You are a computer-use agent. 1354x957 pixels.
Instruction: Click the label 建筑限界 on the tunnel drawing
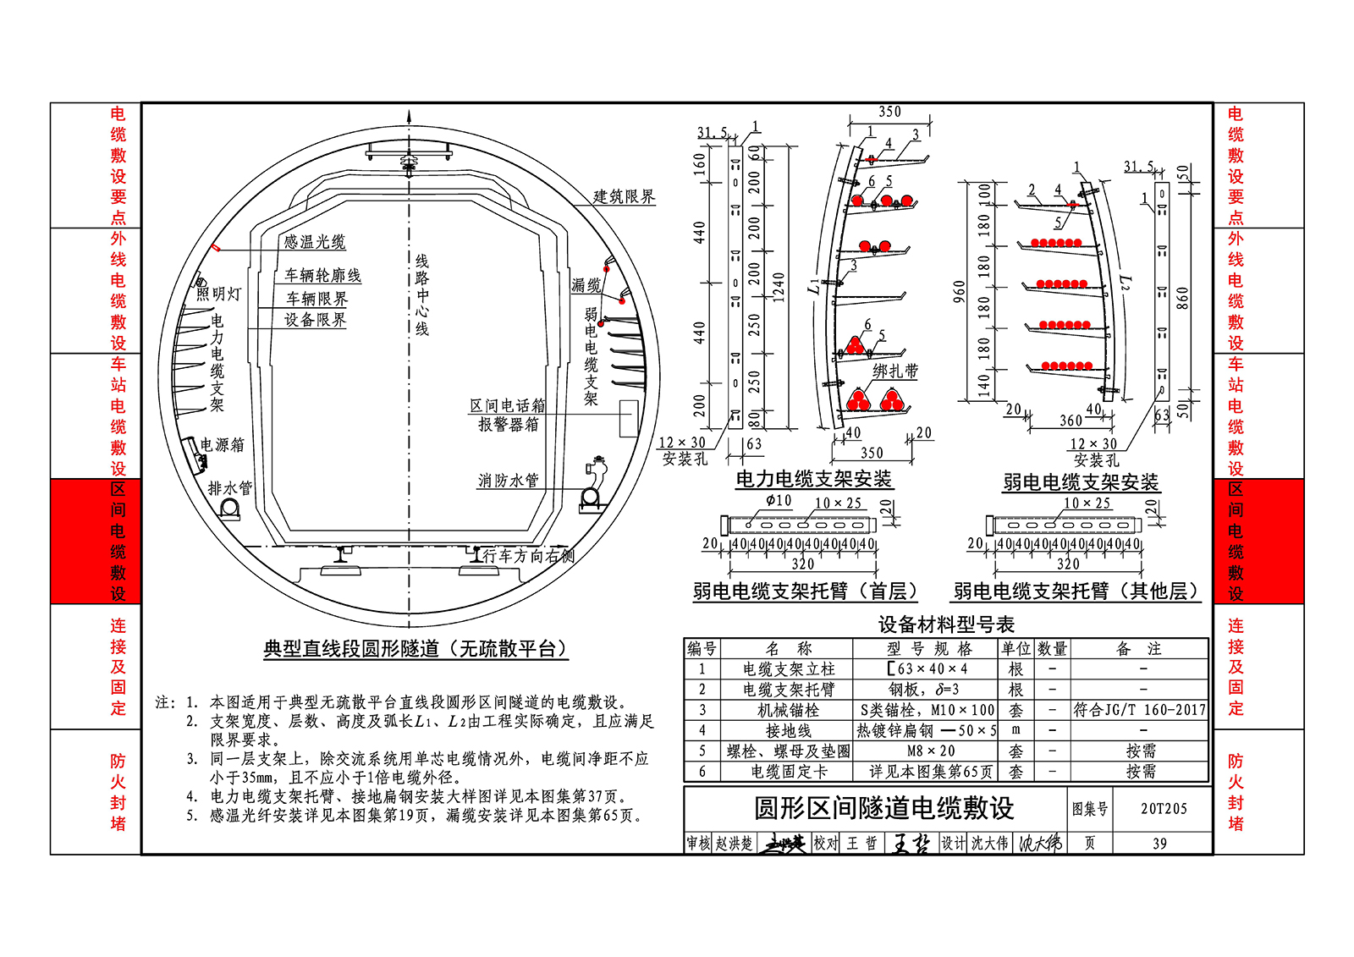[624, 197]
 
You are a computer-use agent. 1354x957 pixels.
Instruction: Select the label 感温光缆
[314, 242]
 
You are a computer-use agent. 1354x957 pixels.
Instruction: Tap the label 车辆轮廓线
[322, 275]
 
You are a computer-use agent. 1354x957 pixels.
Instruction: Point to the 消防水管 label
[508, 481]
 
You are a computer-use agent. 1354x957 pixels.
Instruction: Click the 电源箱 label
[223, 444]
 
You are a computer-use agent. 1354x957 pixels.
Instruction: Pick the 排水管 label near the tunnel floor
[230, 488]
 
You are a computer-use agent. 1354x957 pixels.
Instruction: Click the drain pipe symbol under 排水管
[229, 508]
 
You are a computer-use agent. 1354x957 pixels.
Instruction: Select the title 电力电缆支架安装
[813, 479]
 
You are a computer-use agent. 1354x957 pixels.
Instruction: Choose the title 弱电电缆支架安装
[1081, 482]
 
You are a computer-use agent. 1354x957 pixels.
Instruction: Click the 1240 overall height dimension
[779, 287]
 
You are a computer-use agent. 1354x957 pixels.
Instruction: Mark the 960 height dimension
[959, 292]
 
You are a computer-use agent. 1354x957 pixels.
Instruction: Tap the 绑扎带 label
[895, 371]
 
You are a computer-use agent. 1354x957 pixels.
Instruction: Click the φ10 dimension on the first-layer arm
[779, 501]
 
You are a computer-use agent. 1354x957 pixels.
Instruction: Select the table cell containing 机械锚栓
[788, 710]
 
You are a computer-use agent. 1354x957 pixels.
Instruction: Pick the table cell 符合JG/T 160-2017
[1139, 710]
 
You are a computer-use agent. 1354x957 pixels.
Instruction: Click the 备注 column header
[1139, 649]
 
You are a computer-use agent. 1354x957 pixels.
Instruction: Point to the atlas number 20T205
[1164, 809]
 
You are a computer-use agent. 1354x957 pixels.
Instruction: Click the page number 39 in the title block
[1159, 844]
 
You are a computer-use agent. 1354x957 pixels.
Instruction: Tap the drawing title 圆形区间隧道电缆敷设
[883, 808]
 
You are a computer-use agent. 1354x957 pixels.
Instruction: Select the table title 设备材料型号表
[946, 625]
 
